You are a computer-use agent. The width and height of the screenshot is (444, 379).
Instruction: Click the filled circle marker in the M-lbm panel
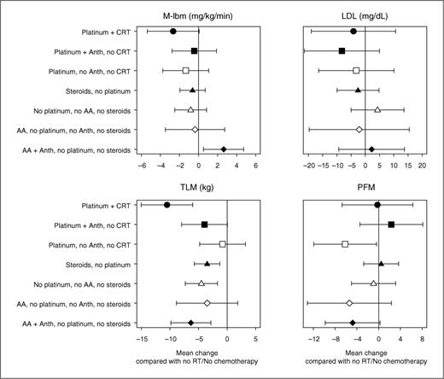173,32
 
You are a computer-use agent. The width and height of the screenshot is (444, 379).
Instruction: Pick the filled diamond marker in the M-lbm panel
224,149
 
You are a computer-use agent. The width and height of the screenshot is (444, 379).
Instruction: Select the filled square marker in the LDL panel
342,51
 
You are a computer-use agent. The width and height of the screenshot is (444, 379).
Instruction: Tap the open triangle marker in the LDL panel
377,109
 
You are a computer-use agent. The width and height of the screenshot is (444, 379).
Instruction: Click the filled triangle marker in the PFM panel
381,264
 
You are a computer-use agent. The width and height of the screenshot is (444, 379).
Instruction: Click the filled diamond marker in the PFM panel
353,323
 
